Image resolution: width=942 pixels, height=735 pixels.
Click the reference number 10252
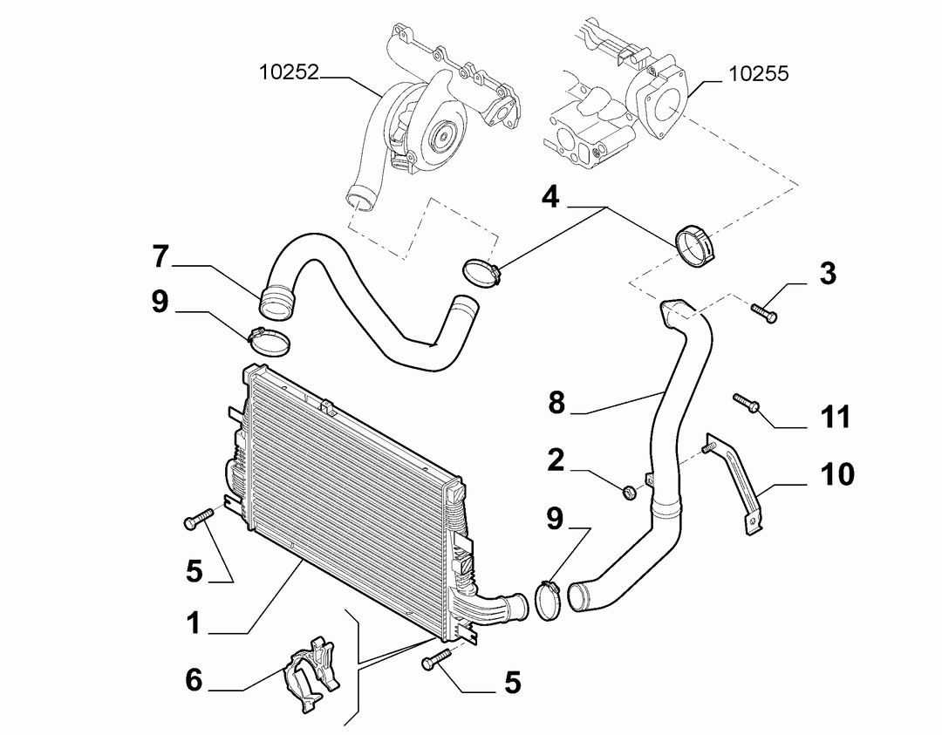tap(289, 72)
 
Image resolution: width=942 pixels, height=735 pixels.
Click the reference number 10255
tap(758, 73)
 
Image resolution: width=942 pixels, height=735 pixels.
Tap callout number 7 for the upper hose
tap(160, 256)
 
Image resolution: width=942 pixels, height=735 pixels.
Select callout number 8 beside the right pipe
tap(556, 402)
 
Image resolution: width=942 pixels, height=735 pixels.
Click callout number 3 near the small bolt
tap(828, 274)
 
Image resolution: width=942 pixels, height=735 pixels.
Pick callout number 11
tap(836, 417)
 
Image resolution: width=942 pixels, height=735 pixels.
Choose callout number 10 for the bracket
tap(837, 474)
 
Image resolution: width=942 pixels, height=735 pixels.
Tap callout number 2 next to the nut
tap(556, 460)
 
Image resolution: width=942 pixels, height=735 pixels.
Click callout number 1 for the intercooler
tap(193, 623)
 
